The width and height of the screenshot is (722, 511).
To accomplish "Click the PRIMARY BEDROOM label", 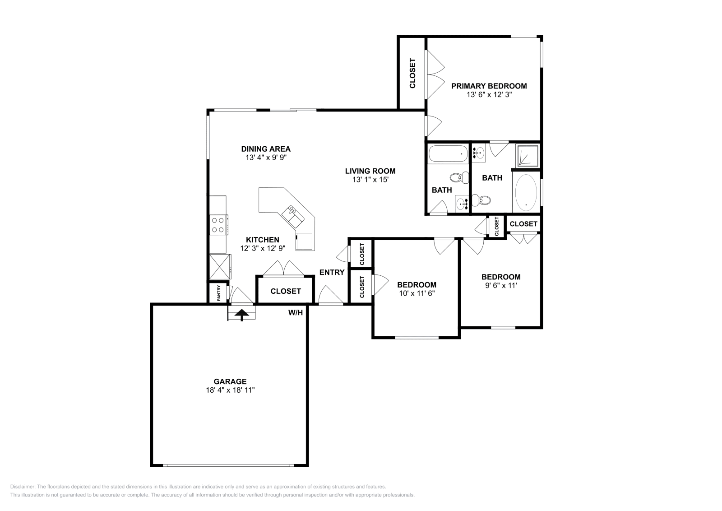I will click(489, 86).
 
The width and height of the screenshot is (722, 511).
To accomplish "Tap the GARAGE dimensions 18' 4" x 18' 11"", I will click(230, 390).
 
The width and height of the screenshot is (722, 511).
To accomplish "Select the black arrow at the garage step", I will click(242, 314).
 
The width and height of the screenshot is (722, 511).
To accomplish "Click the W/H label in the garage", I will click(296, 312).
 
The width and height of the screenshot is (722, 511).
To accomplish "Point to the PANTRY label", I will click(219, 293).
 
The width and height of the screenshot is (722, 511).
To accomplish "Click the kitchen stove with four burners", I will click(218, 225).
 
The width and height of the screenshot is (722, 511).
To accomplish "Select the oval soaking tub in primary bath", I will click(526, 192).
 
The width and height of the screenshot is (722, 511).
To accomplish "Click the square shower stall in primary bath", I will click(528, 155).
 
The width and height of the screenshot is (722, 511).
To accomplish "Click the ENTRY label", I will click(332, 272).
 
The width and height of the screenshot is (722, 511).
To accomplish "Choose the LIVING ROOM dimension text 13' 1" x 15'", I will click(370, 180).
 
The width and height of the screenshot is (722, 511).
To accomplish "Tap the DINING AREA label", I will click(266, 149).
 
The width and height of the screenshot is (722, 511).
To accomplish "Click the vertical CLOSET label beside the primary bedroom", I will click(412, 73).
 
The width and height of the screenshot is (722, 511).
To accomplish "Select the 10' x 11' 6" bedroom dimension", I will click(417, 293).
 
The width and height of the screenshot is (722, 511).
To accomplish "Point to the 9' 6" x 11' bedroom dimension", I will click(501, 285).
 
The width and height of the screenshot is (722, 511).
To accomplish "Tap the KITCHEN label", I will click(263, 240).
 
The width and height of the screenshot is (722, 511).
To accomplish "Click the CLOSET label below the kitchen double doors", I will click(286, 291).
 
